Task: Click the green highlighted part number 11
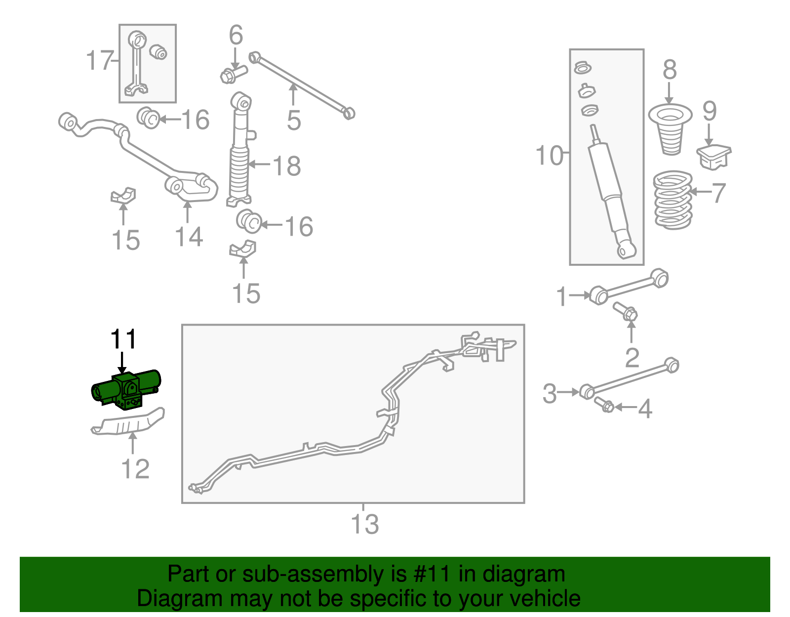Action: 126,390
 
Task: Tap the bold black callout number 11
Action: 123,340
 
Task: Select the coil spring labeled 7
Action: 672,200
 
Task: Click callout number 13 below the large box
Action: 364,525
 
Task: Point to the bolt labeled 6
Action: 232,74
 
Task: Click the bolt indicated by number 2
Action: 625,311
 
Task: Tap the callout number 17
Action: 100,61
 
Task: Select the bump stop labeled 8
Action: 670,129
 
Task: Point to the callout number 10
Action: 549,156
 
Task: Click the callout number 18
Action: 287,166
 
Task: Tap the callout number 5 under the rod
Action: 294,121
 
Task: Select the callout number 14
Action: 189,237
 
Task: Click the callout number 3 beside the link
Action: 550,394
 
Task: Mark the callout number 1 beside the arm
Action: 561,297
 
